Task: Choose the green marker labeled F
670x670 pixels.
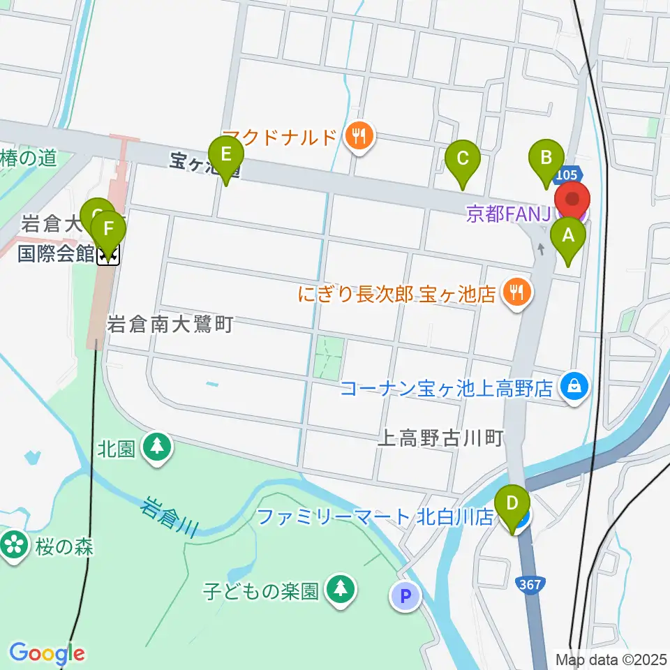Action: point(109,231)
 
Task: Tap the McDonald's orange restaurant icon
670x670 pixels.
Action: point(360,135)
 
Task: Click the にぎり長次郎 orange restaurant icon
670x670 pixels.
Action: point(516,292)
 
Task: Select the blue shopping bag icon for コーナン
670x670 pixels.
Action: point(575,385)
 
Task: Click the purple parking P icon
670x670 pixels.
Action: point(406,596)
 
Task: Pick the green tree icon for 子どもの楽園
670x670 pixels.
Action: point(340,590)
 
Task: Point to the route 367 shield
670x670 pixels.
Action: point(530,584)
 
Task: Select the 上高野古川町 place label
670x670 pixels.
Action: point(440,438)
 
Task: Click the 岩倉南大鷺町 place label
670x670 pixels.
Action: point(170,324)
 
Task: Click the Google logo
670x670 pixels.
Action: point(47,653)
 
